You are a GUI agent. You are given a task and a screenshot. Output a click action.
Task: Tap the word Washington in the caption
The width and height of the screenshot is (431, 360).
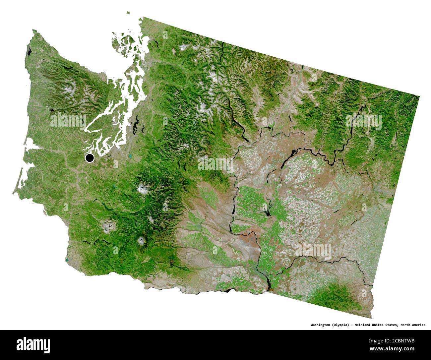320,325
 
